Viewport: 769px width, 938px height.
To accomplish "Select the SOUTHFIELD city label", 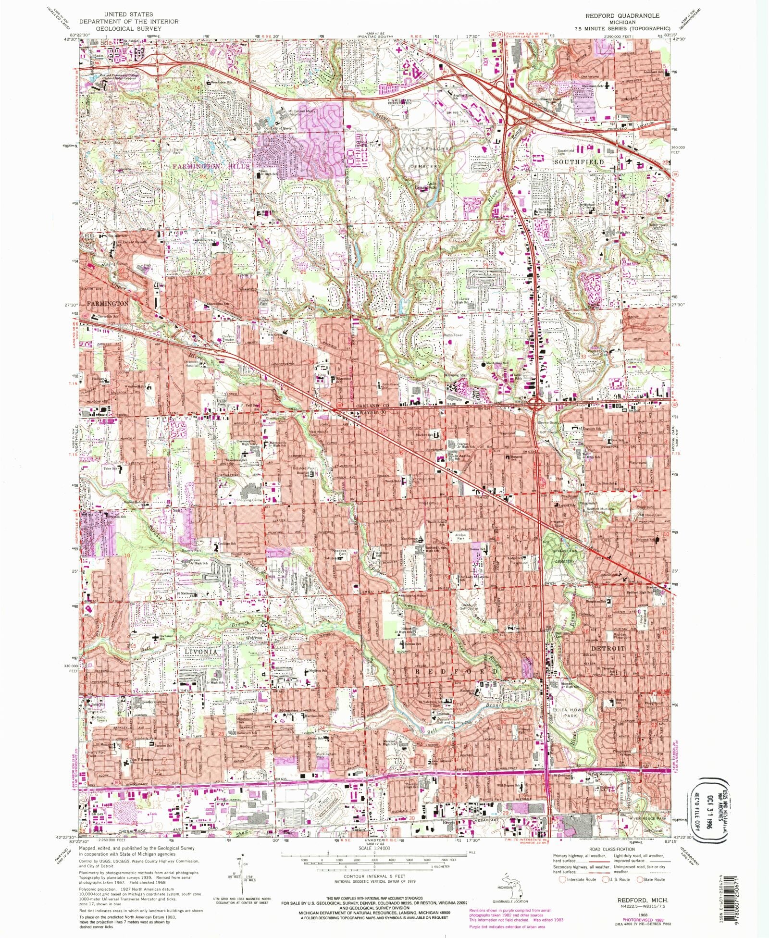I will [x=579, y=162].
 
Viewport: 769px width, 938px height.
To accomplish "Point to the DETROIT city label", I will [x=608, y=648].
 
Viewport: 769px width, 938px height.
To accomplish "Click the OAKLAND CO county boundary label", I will [x=371, y=407].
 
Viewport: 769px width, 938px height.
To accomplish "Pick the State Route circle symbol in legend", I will [x=639, y=879].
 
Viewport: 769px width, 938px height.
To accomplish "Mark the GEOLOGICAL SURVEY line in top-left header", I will [x=128, y=28].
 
